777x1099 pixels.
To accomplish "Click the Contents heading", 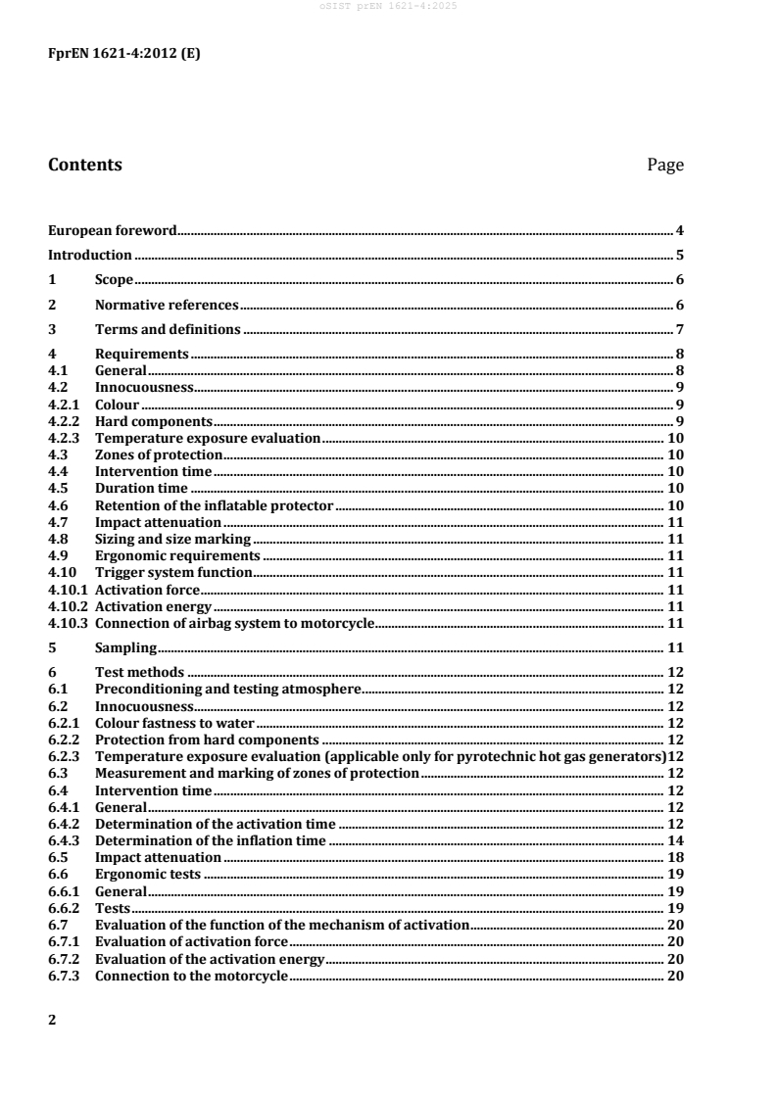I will tap(85, 166).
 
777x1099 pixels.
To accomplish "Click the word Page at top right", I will tap(665, 166).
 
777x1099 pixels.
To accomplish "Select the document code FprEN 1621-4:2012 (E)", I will tap(124, 55).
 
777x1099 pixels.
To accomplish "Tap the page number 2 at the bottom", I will tap(53, 1020).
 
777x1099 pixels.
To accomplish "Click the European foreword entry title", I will tap(113, 231).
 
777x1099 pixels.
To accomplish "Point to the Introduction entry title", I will tap(90, 256).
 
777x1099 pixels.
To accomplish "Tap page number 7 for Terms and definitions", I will tap(679, 329).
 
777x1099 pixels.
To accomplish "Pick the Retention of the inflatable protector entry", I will tap(215, 505).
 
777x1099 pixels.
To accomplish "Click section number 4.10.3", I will tap(68, 623).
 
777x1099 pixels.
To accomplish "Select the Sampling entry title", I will tap(125, 647).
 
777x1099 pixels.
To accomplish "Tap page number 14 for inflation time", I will tap(675, 840).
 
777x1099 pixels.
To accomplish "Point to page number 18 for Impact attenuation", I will tap(675, 857).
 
